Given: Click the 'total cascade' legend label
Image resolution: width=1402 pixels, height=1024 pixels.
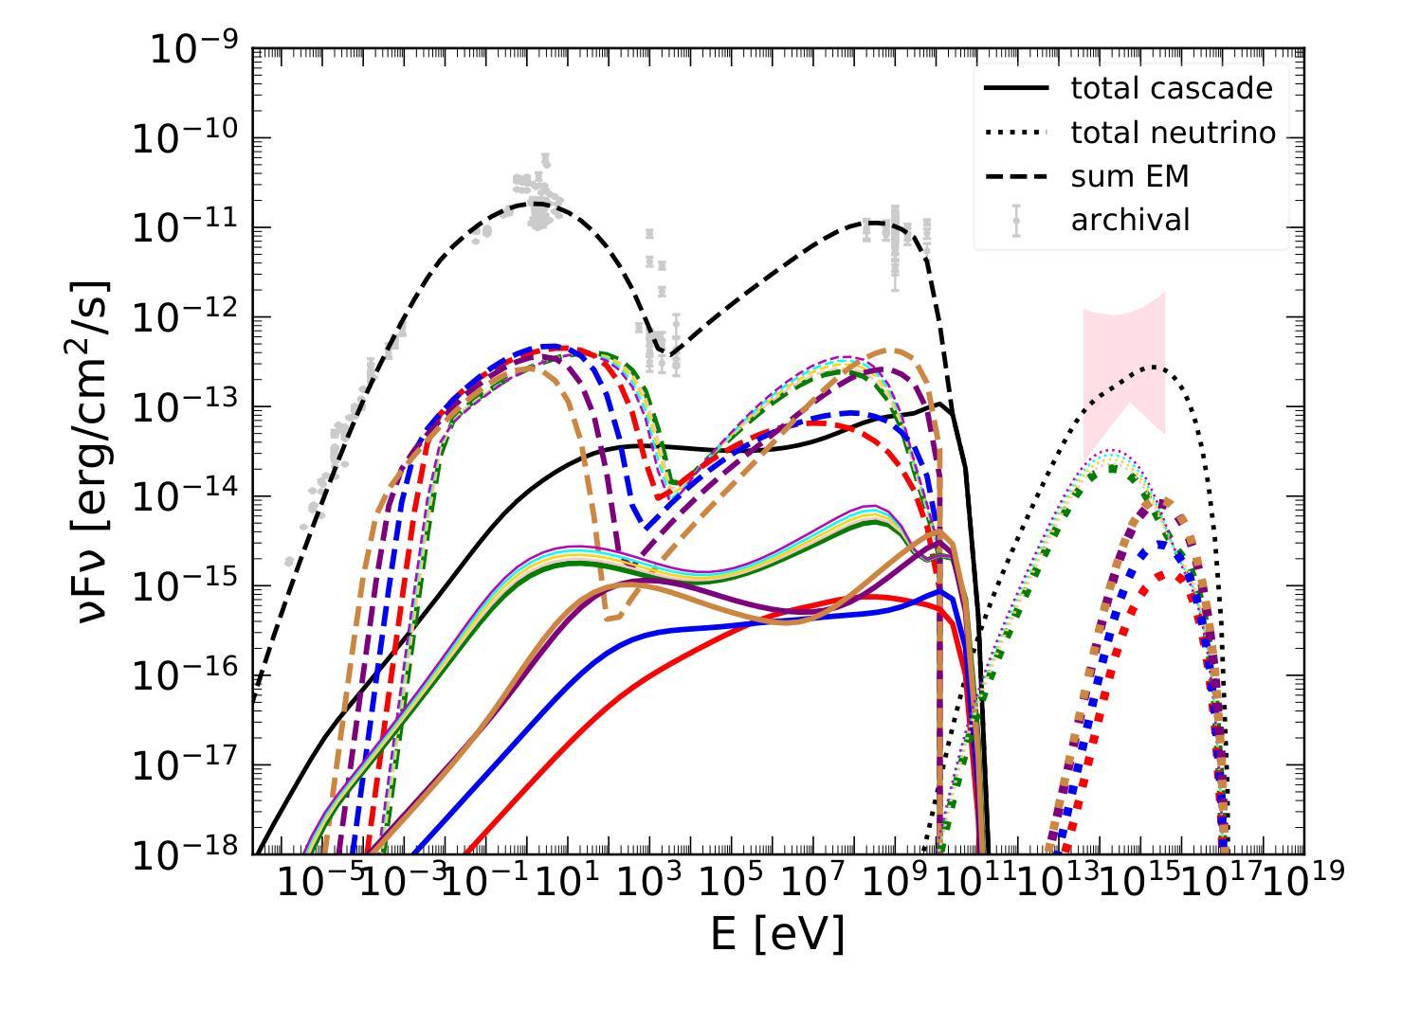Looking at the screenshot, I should tap(1171, 88).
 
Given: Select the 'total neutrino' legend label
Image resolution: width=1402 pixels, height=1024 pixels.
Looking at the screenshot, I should tap(1174, 133).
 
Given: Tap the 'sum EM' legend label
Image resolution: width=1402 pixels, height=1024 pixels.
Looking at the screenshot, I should tap(1129, 176).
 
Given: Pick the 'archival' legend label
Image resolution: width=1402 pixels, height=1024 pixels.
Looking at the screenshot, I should tap(1130, 220).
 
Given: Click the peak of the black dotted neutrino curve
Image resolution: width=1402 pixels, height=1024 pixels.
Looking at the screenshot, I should tap(1155, 367).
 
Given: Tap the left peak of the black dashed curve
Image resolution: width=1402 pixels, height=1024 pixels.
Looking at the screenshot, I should tap(537, 203).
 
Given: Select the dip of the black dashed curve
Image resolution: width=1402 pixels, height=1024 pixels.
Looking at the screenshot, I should tap(665, 357).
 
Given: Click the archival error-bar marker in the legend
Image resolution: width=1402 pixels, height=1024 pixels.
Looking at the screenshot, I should tap(1016, 220).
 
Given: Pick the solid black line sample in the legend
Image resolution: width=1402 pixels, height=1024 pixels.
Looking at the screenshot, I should tap(1016, 88).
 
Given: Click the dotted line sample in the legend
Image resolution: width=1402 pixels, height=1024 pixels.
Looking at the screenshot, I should tap(1016, 133).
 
